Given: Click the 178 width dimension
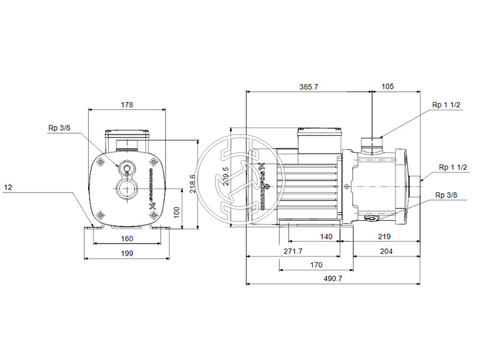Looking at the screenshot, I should [x=126, y=104].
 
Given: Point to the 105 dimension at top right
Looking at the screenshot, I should [x=388, y=87].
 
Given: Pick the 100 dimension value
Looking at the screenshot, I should [x=176, y=212].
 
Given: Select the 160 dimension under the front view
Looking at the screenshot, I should [x=126, y=238].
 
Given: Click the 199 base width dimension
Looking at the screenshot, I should [x=126, y=253].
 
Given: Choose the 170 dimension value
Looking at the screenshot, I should [x=316, y=265].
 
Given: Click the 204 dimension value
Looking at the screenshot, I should [x=386, y=251].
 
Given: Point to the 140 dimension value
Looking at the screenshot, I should [x=326, y=237].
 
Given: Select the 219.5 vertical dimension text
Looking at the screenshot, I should [x=226, y=177].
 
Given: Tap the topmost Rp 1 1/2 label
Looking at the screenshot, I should [x=446, y=105].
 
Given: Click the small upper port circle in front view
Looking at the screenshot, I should [x=127, y=169].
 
